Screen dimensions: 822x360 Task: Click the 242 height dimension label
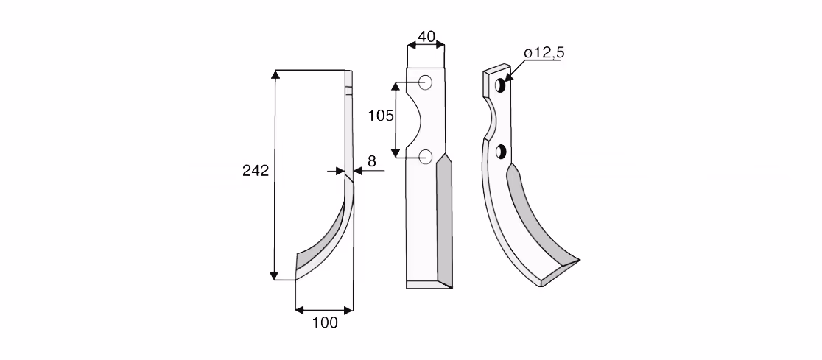pos(256,170)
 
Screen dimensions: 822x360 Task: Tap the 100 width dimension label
pos(325,322)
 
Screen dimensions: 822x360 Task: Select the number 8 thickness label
pos(372,161)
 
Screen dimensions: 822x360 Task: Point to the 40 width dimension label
pos(426,37)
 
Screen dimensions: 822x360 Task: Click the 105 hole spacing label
pos(381,116)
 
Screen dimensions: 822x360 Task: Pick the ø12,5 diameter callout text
pos(544,53)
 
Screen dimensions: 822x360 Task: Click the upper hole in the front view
pos(425,82)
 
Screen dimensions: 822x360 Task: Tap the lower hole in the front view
pos(425,156)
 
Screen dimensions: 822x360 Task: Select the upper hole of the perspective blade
pos(499,85)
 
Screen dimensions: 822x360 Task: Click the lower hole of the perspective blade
pos(501,152)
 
